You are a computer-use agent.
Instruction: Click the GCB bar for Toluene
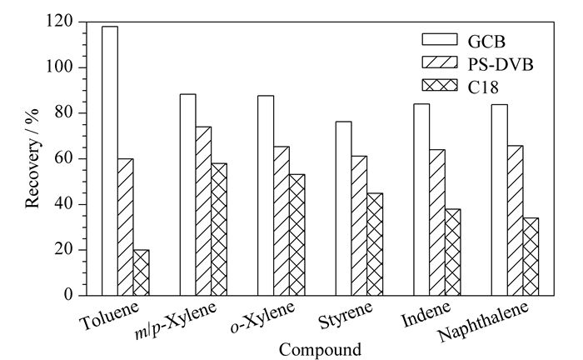[110, 161]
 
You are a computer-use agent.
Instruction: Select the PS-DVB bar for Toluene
[126, 227]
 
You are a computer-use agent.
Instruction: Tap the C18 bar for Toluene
[142, 272]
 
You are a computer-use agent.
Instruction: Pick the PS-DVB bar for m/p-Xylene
[203, 211]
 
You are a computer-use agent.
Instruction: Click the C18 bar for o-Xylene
[297, 235]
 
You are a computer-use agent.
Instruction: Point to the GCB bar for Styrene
[343, 208]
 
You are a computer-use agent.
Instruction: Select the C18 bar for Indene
[453, 252]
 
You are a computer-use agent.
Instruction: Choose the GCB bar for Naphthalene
[500, 200]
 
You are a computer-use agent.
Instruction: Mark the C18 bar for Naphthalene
[531, 257]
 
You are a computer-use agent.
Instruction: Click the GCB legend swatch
[440, 39]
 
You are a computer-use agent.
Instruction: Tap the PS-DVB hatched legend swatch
[440, 62]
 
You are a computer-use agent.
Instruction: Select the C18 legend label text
[483, 87]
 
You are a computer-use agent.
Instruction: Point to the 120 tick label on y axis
[60, 21]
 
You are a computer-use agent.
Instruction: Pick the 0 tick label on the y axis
[68, 295]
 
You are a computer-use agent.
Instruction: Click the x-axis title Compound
[320, 350]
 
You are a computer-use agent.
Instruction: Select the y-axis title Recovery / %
[32, 159]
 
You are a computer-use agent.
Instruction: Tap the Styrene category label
[346, 315]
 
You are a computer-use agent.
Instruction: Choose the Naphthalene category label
[483, 321]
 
